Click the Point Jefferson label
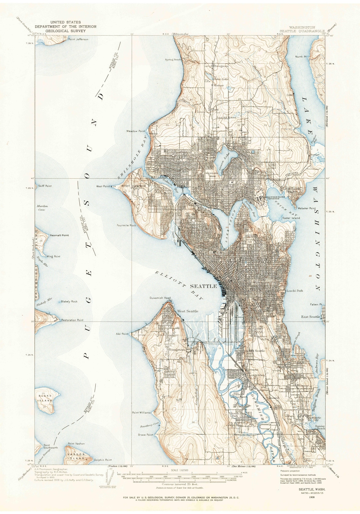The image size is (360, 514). pyautogui.click(x=78, y=39)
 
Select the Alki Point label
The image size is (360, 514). pyautogui.click(x=122, y=334)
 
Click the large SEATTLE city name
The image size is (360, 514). pyautogui.click(x=203, y=286)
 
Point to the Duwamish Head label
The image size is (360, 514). pyautogui.click(x=160, y=298)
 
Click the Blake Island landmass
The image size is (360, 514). pyautogui.click(x=45, y=400)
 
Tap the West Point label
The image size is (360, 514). pyautogui.click(x=103, y=186)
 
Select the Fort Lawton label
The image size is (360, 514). pyautogui.click(x=134, y=186)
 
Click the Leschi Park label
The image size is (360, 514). pyautogui.click(x=295, y=291)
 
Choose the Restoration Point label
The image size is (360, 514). pyautogui.click(x=72, y=320)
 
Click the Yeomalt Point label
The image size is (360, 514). pyautogui.click(x=59, y=235)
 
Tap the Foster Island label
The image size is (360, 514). pyautogui.click(x=291, y=218)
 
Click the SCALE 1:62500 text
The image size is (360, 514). pyautogui.click(x=179, y=470)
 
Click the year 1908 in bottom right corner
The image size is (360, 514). pyautogui.click(x=312, y=497)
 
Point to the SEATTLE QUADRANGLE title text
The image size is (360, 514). pyautogui.click(x=302, y=31)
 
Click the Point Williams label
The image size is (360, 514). pyautogui.click(x=141, y=413)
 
